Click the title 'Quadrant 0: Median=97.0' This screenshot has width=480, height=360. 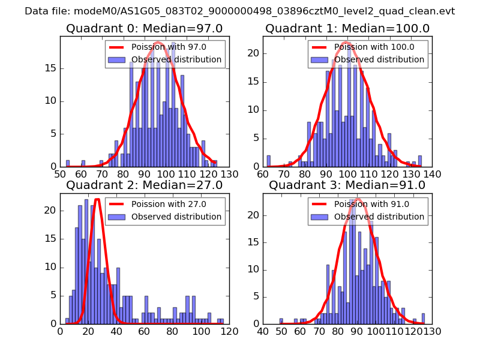point(145,28)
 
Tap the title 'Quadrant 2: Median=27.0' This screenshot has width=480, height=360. point(145,185)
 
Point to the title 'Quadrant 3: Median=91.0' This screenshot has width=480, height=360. point(347,185)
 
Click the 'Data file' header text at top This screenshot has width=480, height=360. point(240,11)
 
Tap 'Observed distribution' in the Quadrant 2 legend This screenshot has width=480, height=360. point(176,217)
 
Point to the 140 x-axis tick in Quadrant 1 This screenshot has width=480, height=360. point(432,174)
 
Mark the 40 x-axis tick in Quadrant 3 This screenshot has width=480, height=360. point(263,331)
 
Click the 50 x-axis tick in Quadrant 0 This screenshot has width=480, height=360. point(60,174)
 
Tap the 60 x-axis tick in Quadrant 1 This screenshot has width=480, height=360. point(263,174)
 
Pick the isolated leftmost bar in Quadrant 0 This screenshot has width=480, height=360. point(68,163)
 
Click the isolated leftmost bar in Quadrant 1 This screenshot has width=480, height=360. point(268,161)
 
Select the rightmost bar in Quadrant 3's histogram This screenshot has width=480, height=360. point(423,319)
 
